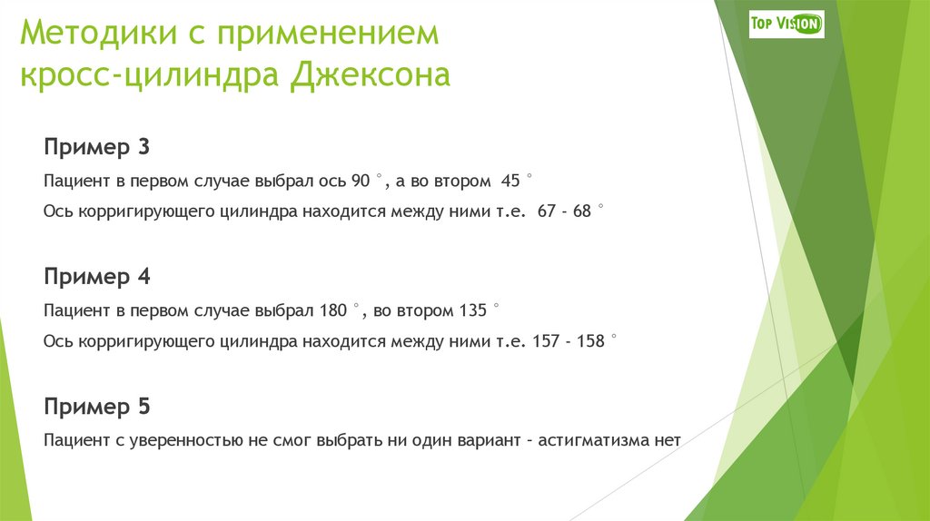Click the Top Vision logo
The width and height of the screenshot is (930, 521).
(787, 24)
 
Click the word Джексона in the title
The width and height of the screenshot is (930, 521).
(371, 74)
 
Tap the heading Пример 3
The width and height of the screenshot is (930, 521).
(96, 148)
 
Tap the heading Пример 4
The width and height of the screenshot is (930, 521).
(96, 277)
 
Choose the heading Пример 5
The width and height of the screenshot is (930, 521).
(96, 407)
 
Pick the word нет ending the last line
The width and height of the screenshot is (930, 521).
(667, 441)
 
